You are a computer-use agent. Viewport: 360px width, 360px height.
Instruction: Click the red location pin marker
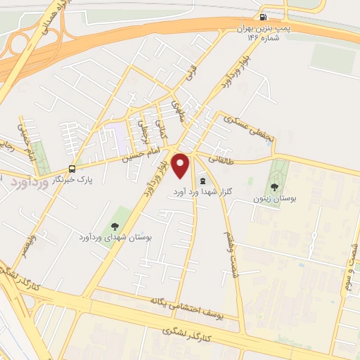pos(181,165)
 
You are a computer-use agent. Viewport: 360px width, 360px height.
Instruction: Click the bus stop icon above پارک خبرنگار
pos(72,169)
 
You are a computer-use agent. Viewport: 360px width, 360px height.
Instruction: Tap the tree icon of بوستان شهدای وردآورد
pos(114,226)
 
